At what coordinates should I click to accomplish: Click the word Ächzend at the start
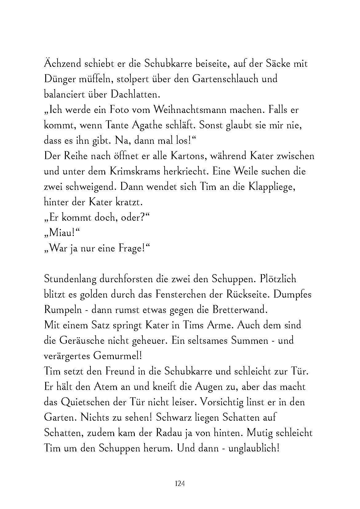[62, 64]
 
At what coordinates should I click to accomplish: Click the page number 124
[180, 484]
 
